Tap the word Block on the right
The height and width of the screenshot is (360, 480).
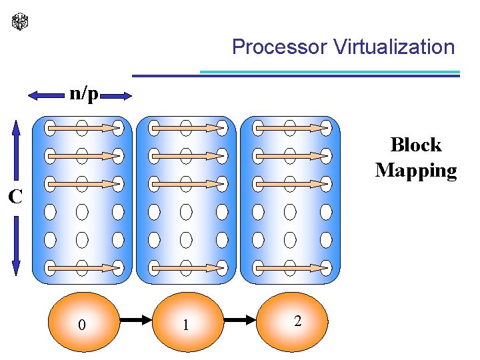tap(416, 145)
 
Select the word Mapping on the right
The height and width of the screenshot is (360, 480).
tap(416, 170)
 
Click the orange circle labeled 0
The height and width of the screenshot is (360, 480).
tap(81, 322)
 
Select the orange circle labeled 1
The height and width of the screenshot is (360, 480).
tap(187, 322)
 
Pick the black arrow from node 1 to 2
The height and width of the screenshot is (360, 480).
tap(241, 321)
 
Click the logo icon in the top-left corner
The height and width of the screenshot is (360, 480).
tap(21, 22)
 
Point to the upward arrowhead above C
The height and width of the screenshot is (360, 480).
tap(17, 127)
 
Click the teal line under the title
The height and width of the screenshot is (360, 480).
tap(330, 72)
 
